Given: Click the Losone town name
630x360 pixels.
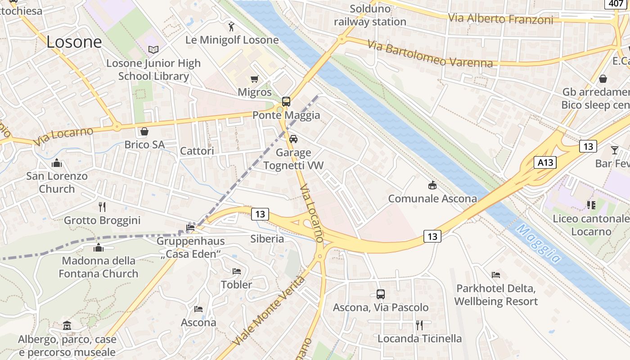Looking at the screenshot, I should [x=74, y=42].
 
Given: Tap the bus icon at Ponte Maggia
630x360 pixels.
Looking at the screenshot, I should [x=286, y=101].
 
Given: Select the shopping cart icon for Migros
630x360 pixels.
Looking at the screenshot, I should [x=254, y=79].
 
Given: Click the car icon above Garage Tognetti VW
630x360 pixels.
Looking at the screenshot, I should [x=293, y=139].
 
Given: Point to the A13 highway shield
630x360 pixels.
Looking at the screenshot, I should [x=545, y=162].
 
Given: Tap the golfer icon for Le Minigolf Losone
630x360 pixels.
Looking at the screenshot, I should [x=231, y=26].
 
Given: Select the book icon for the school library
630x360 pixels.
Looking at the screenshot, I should [x=153, y=49].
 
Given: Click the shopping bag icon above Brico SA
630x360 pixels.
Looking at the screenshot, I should [x=144, y=131].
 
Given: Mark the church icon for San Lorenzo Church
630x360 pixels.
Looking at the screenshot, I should [x=57, y=162].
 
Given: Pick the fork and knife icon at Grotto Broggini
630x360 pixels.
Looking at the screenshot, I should [x=102, y=207].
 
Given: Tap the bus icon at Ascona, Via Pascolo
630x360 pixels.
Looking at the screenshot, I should [x=381, y=294].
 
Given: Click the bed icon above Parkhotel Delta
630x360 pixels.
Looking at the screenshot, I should [x=496, y=274].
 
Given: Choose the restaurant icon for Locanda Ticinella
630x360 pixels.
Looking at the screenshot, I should [x=419, y=325].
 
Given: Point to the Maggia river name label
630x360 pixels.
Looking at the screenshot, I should [x=538, y=243].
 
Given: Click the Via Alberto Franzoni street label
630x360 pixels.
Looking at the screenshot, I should [x=500, y=19].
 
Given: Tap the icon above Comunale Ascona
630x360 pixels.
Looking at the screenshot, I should [x=432, y=185].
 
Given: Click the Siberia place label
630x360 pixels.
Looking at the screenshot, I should [x=267, y=238].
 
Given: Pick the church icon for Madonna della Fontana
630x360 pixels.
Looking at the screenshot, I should [x=99, y=247].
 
